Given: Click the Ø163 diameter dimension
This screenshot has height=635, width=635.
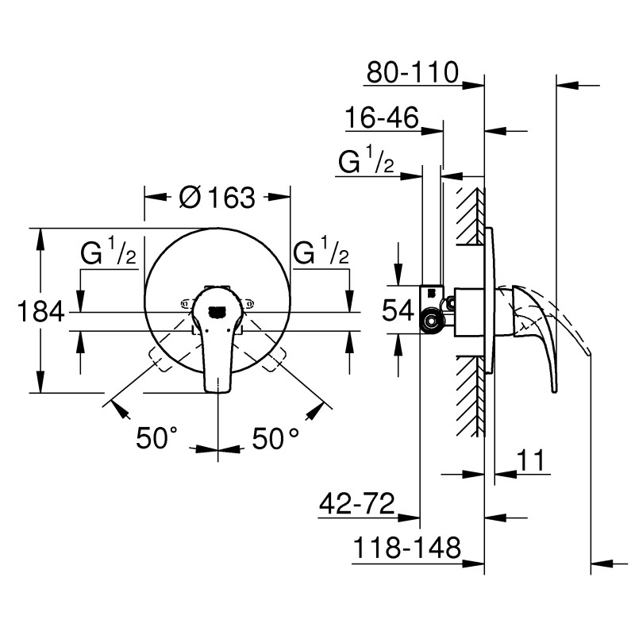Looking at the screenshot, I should (217, 197).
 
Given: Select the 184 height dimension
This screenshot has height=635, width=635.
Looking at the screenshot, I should (40, 312).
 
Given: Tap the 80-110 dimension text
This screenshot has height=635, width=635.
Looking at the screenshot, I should (413, 73).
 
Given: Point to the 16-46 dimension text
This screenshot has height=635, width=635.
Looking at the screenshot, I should (381, 119).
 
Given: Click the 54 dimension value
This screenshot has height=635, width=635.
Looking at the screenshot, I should (398, 310).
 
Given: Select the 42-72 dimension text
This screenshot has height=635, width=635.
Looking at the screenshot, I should (356, 505).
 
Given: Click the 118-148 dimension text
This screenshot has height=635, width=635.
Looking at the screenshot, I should (406, 548).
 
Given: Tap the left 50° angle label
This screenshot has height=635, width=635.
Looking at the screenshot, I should (156, 438).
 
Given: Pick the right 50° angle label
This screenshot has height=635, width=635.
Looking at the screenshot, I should (276, 438).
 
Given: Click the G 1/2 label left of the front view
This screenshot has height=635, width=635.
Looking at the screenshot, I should (110, 255).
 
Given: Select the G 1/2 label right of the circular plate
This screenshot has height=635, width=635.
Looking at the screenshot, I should (321, 255).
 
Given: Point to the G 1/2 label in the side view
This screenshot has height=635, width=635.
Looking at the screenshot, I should (367, 163).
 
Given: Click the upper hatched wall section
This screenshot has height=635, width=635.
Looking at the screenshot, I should (469, 216).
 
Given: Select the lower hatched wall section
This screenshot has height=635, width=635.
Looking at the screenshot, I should (469, 394).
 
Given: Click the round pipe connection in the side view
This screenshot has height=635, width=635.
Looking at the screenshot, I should (431, 321).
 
